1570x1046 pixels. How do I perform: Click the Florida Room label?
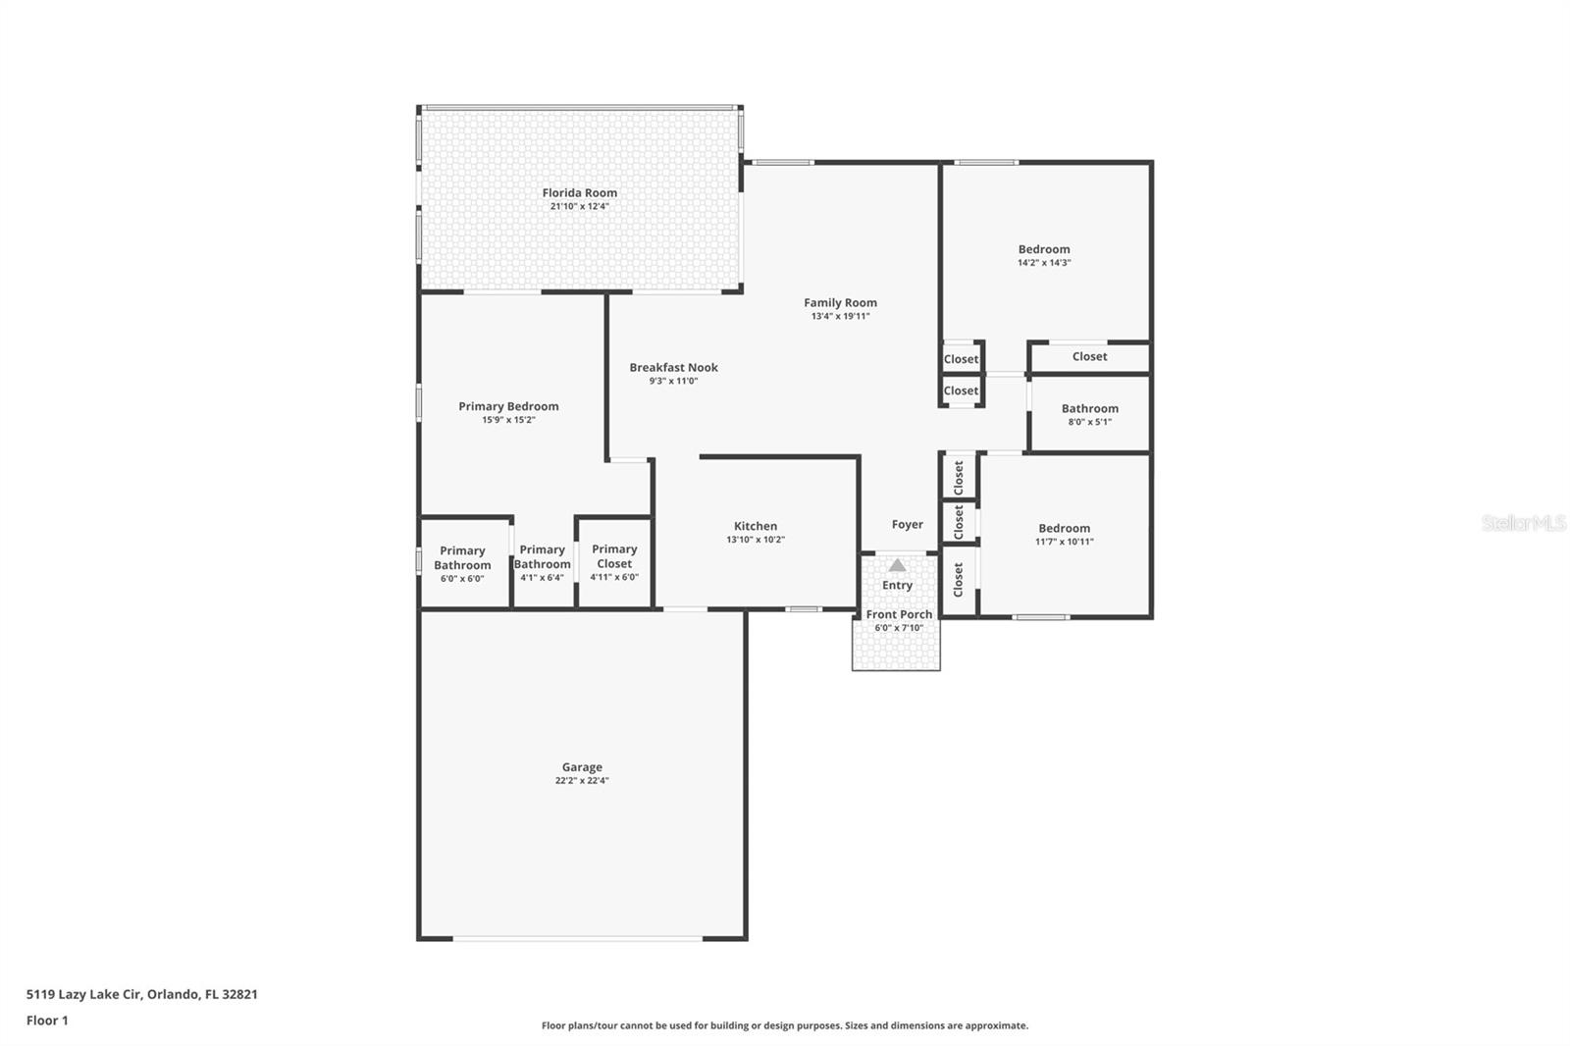(x=579, y=193)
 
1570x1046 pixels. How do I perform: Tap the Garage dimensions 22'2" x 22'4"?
(x=581, y=781)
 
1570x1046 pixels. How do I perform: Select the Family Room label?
(x=840, y=303)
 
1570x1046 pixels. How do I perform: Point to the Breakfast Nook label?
(x=673, y=368)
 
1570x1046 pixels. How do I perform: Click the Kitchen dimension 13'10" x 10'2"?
(x=755, y=540)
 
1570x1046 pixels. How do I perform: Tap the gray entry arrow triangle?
(x=897, y=565)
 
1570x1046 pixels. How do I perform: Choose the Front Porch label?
(x=899, y=615)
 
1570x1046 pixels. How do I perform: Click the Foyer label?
(x=907, y=525)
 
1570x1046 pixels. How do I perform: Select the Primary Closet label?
(x=614, y=556)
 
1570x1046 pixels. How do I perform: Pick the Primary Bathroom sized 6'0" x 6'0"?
(x=462, y=558)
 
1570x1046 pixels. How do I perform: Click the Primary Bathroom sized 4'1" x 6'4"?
(x=542, y=557)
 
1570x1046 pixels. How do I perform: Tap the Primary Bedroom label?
(x=508, y=406)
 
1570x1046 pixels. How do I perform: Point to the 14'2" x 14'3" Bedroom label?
(x=1043, y=250)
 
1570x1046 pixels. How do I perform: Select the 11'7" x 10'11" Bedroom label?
(x=1064, y=529)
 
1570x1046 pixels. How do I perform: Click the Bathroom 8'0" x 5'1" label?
(x=1089, y=409)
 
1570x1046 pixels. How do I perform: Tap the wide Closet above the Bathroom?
(x=1089, y=357)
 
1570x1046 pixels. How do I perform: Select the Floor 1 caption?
(x=47, y=1020)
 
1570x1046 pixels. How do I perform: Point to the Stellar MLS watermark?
(x=1523, y=524)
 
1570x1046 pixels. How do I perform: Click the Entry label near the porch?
(x=897, y=586)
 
